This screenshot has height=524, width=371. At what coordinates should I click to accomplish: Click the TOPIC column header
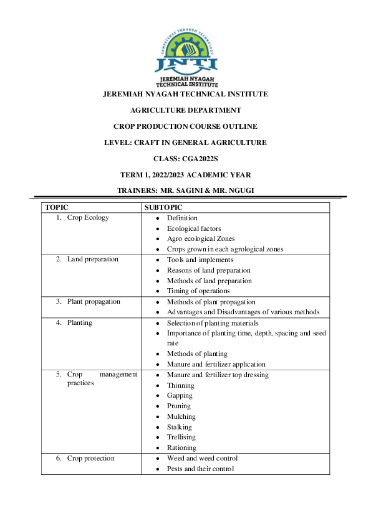coord(57,207)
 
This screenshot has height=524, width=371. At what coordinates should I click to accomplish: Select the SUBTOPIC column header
coord(163,207)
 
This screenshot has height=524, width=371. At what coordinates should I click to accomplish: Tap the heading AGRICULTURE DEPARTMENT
coord(185,110)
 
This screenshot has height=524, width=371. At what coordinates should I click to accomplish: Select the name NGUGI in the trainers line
coord(238,191)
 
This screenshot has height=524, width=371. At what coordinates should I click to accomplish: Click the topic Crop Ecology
coord(88,218)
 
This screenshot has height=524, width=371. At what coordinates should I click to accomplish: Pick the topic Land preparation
coord(92,260)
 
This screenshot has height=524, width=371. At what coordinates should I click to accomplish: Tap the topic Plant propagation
coord(94,301)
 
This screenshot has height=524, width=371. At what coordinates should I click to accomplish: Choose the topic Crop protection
coord(90,458)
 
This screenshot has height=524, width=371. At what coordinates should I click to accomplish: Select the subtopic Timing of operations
coord(198,291)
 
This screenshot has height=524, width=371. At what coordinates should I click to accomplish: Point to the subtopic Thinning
coord(180,385)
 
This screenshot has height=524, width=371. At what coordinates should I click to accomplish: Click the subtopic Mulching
coord(181,416)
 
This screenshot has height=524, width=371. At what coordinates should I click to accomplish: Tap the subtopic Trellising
coord(181,437)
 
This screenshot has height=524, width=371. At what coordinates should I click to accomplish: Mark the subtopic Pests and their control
coord(200,469)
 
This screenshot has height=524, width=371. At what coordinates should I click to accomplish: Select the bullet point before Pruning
coord(159,406)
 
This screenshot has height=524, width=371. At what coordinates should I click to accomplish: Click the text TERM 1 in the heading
coord(135,175)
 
